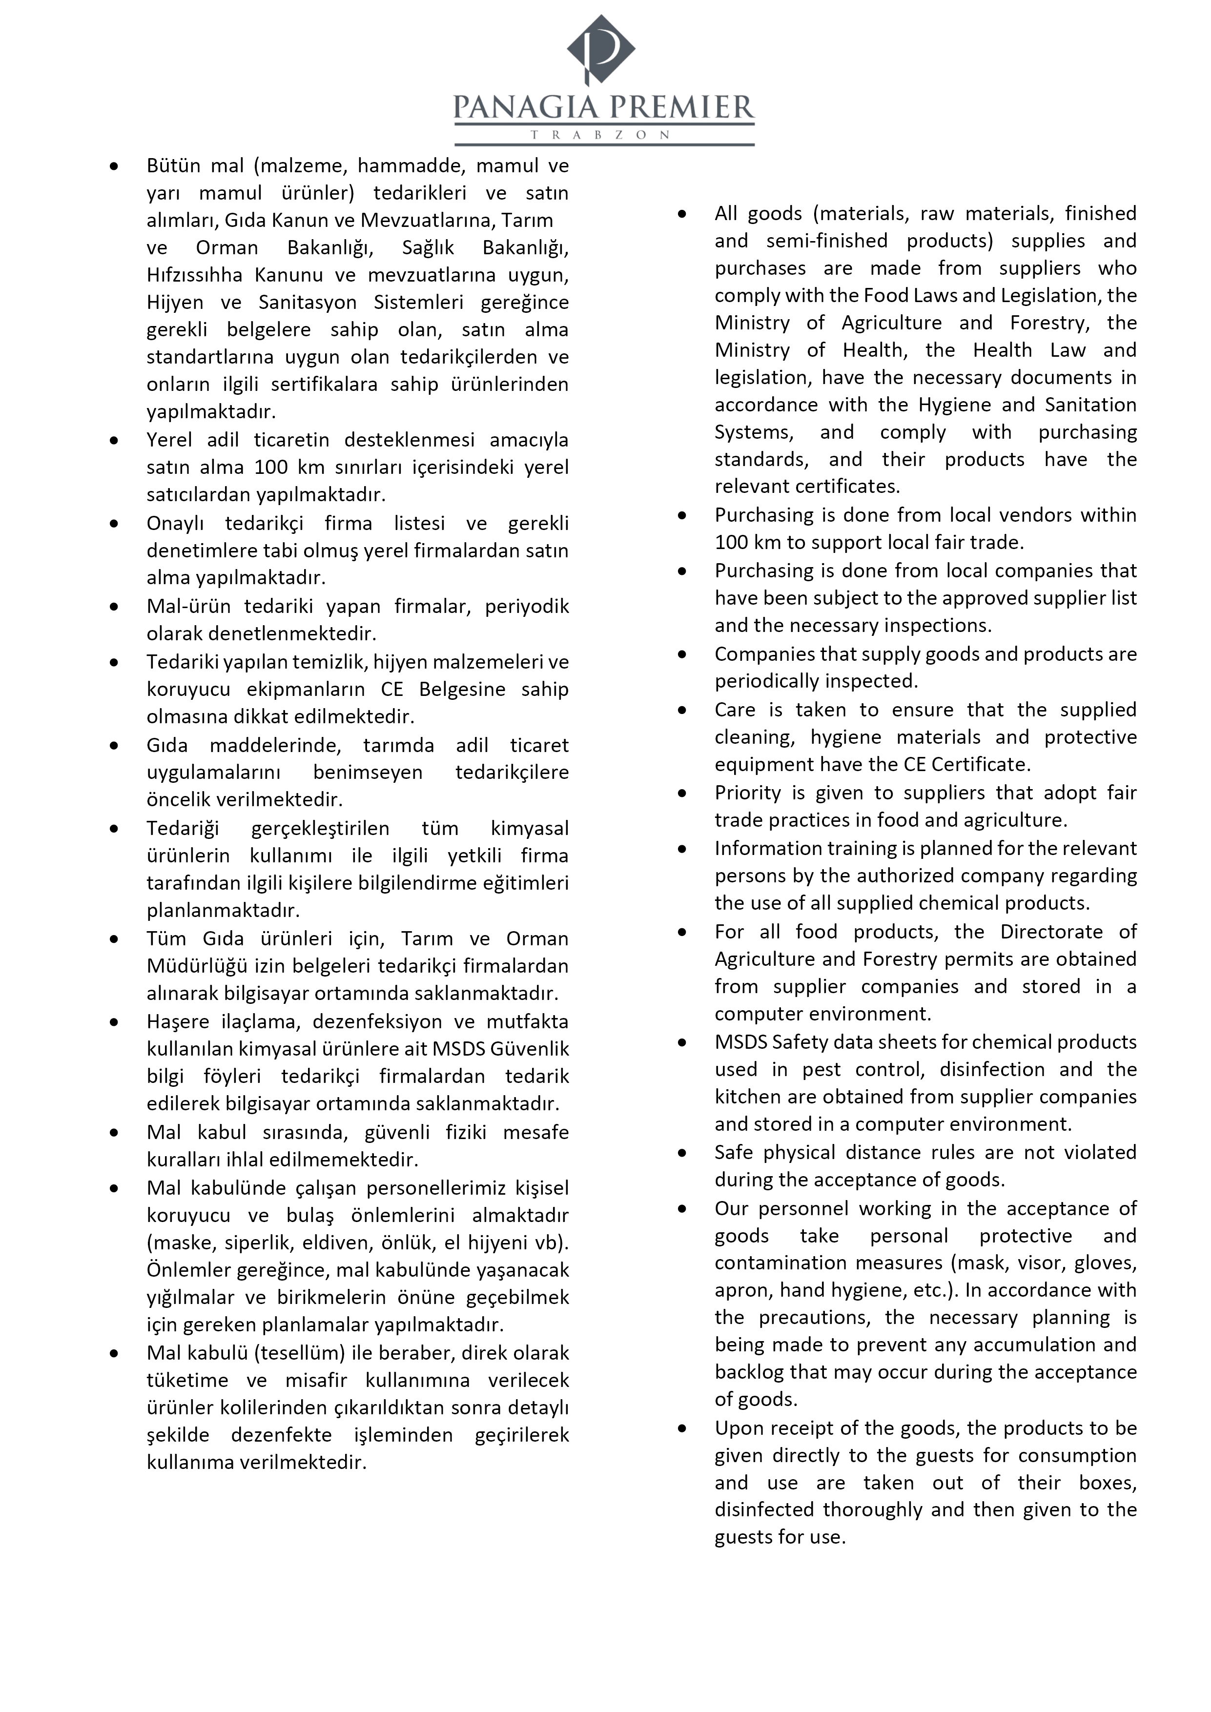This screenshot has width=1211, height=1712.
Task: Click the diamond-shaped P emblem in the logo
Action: (601, 49)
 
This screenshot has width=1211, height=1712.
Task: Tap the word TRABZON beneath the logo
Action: (600, 135)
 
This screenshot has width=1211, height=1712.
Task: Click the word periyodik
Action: (527, 606)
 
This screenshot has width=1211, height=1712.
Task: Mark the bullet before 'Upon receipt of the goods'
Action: (681, 1428)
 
